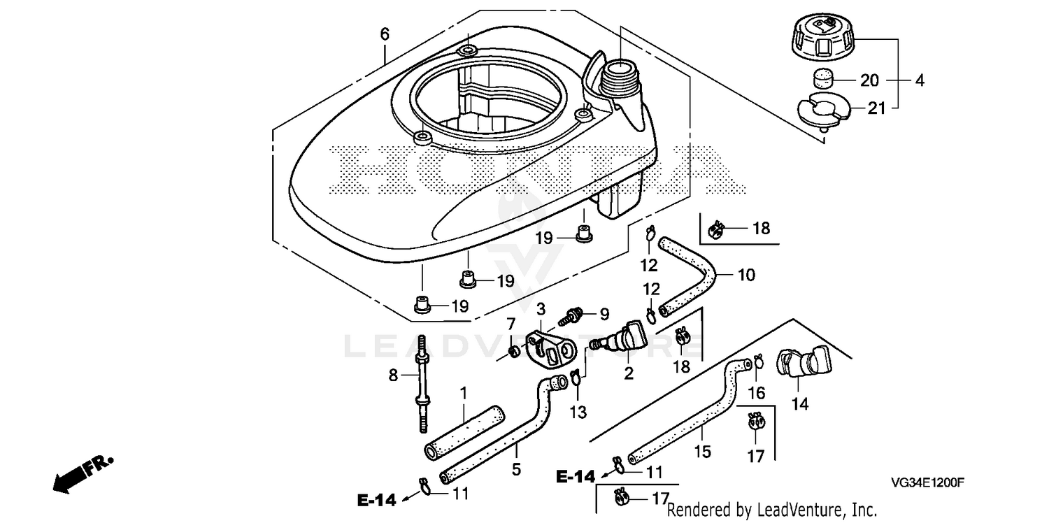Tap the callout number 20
coord(870,80)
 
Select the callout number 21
coord(877,108)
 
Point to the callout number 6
coord(385,34)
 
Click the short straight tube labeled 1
coord(464,432)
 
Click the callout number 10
coord(746,275)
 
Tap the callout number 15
coord(702,452)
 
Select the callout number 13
coord(578,413)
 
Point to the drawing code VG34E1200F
coord(927,482)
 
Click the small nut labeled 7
coord(514,351)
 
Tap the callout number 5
coord(516,469)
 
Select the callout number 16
coord(757,394)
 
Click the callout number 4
coord(920,80)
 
